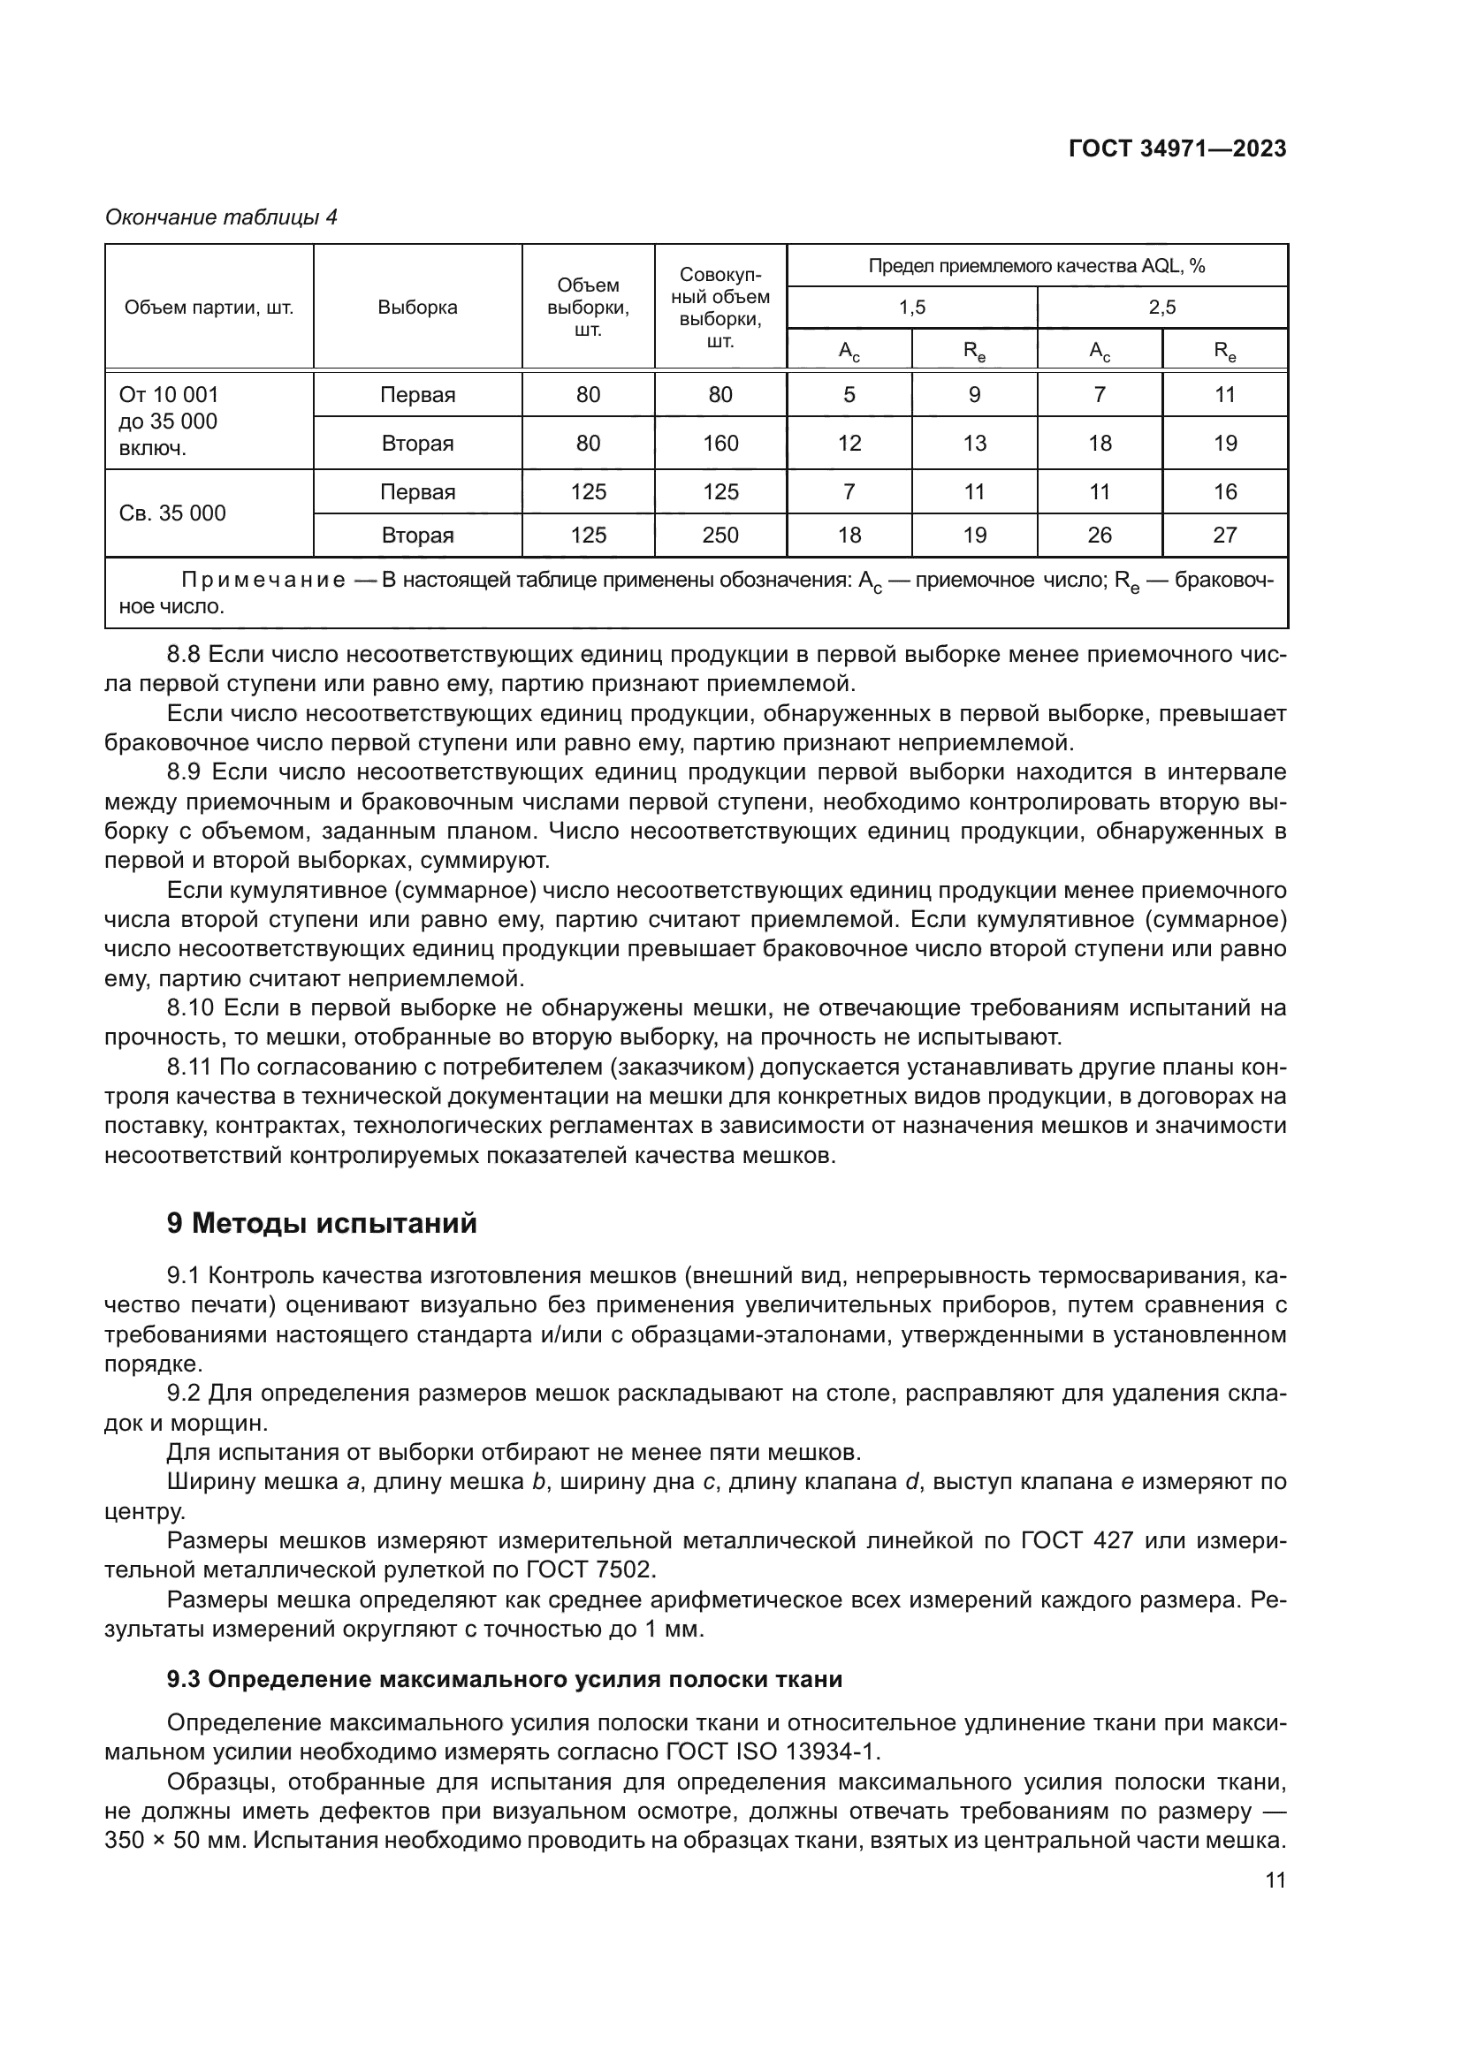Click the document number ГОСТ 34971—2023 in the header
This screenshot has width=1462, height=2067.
click(x=1177, y=148)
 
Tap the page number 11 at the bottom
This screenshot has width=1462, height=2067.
click(x=1275, y=1881)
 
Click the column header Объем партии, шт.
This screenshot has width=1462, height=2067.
click(x=209, y=308)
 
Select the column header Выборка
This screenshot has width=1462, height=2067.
click(x=418, y=308)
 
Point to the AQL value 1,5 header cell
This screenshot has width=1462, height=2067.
click(x=911, y=308)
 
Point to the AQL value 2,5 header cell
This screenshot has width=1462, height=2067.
click(x=1161, y=308)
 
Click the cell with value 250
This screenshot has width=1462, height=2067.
click(x=720, y=536)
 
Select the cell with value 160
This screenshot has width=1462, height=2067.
click(x=720, y=443)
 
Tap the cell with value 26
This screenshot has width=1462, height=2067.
click(x=1100, y=536)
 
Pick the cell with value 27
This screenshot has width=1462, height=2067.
click(x=1224, y=536)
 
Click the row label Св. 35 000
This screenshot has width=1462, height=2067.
click(x=173, y=513)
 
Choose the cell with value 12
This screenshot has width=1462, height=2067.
click(x=849, y=443)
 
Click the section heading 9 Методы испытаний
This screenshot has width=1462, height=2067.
click(x=322, y=1224)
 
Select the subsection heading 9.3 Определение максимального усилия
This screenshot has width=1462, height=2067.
click(x=504, y=1680)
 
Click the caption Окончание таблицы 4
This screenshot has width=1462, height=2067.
click(x=222, y=217)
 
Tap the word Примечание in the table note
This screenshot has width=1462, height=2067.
click(x=263, y=581)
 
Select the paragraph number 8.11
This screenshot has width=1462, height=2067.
click(x=188, y=1068)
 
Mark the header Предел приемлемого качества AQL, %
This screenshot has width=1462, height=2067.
click(x=1036, y=266)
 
